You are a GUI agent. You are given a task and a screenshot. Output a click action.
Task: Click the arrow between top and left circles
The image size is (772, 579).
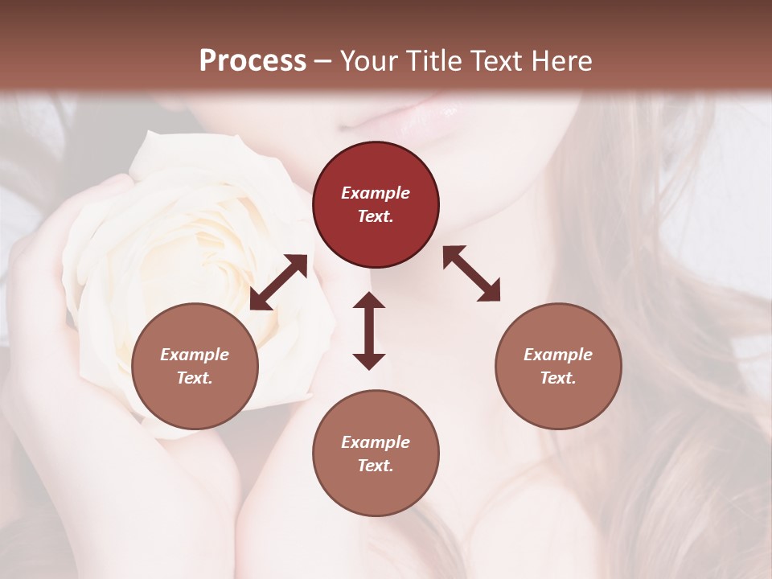click(x=278, y=282)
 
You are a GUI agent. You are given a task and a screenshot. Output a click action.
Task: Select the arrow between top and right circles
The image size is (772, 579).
click(x=471, y=273)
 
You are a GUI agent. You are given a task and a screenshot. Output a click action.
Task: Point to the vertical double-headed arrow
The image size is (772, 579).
click(x=369, y=331)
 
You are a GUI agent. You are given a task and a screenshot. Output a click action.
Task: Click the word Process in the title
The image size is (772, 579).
click(x=253, y=60)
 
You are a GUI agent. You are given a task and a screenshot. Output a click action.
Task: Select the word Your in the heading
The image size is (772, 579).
click(x=366, y=60)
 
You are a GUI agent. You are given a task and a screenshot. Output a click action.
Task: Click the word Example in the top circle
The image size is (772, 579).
click(x=376, y=193)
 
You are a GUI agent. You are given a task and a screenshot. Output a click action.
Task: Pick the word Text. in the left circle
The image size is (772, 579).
click(x=195, y=378)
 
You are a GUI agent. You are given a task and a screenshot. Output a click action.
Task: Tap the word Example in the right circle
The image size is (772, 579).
click(x=558, y=355)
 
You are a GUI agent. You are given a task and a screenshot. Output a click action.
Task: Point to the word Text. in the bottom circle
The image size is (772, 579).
click(x=376, y=466)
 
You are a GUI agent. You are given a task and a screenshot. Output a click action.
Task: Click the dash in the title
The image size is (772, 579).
click(x=322, y=61)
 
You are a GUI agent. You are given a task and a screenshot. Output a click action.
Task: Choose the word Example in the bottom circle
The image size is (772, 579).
click(x=376, y=442)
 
